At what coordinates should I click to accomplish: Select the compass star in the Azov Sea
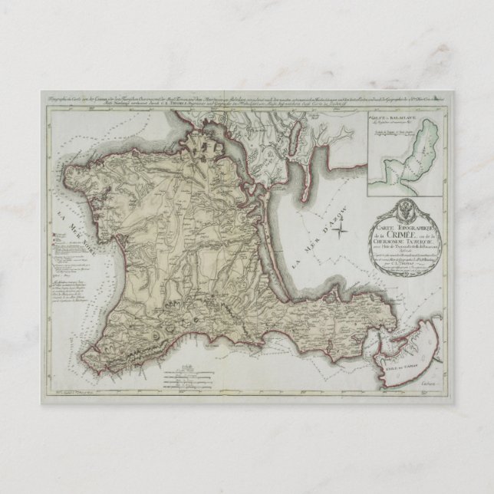(345, 223)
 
